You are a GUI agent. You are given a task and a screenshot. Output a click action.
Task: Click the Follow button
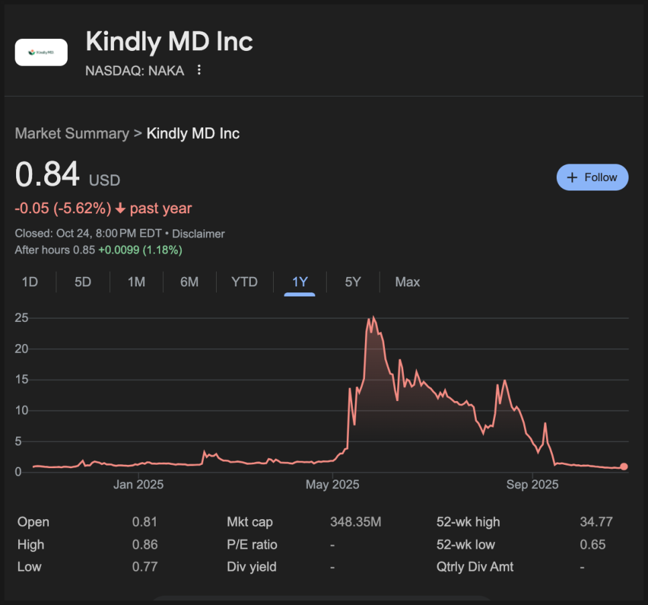592,178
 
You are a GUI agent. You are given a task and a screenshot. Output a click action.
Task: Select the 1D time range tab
30,282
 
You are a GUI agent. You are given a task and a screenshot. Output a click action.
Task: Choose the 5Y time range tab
353,282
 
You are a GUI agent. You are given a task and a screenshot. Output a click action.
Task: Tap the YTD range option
244,282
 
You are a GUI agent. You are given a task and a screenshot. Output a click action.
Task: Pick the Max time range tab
407,282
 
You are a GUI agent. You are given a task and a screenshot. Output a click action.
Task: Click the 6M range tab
189,282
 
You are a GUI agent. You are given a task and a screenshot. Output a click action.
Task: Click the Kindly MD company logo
41,52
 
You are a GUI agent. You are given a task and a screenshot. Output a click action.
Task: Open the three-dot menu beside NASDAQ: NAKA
199,70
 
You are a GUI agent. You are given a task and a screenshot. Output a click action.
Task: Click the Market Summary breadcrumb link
72,133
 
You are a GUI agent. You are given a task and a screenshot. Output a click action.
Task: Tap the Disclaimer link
199,234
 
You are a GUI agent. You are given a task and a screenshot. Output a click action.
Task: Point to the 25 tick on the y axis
21,317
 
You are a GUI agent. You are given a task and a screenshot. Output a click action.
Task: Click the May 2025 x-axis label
333,484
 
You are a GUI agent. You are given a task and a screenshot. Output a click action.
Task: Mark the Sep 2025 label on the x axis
532,484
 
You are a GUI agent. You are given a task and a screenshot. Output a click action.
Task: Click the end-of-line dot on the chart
624,467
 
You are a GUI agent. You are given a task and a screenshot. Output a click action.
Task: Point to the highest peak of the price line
373,318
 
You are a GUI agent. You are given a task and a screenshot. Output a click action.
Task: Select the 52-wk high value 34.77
596,522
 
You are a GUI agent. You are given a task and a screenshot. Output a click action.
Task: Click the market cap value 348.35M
356,522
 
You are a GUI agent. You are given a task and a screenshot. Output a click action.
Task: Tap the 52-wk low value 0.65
592,545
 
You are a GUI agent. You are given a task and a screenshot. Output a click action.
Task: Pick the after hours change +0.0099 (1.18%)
140,250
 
